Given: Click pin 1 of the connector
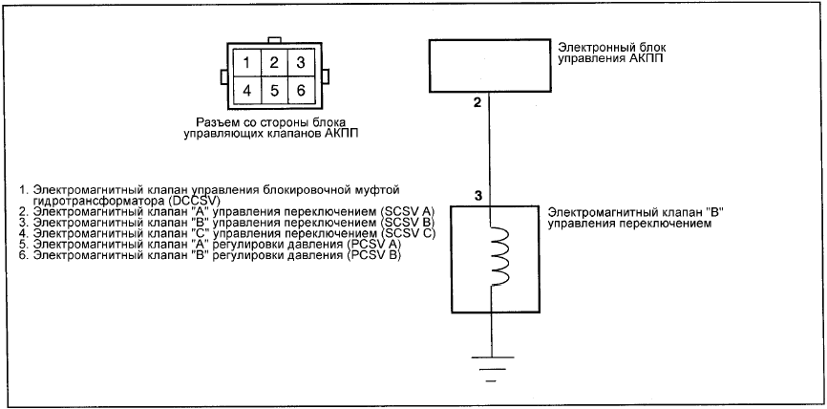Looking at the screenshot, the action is [246, 63].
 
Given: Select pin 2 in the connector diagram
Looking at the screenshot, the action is [274, 63].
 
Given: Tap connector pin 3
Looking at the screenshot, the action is [301, 63].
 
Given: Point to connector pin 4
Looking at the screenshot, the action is [246, 91].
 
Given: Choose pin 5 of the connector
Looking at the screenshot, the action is [274, 91].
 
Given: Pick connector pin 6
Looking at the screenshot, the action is [301, 91].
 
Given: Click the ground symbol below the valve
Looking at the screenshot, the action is [492, 369].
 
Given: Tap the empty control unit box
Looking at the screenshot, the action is [488, 64].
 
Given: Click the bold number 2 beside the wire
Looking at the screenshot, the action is [477, 103].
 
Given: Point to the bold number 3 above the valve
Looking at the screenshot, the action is [477, 196].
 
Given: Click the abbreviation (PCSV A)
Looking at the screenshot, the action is [374, 245].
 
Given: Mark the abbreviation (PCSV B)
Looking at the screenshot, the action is [374, 256].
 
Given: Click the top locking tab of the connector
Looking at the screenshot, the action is [274, 40].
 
